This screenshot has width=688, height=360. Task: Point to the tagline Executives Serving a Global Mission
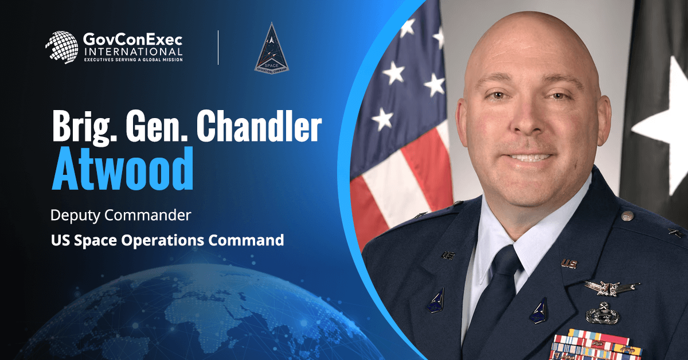(x=133, y=59)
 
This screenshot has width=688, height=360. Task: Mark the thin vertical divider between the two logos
(x=218, y=48)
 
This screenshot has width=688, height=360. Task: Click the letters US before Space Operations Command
(x=58, y=240)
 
